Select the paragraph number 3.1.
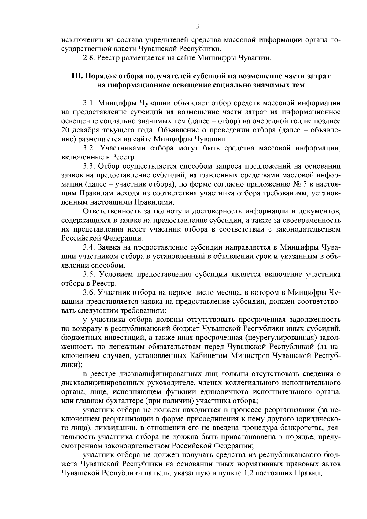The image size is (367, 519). point(89,102)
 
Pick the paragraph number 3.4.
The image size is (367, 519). point(89,247)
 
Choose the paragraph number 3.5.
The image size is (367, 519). point(89,274)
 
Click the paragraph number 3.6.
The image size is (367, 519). point(89,292)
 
